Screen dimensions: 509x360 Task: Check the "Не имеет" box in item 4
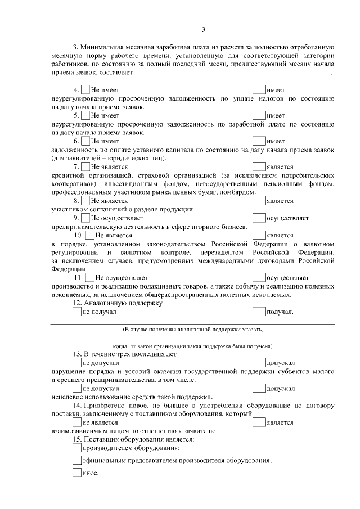click(x=85, y=89)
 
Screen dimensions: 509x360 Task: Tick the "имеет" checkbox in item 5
click(x=259, y=115)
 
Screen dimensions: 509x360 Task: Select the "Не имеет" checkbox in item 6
click(x=85, y=141)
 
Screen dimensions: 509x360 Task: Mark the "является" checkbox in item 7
click(x=259, y=166)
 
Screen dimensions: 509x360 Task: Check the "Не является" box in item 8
click(x=85, y=200)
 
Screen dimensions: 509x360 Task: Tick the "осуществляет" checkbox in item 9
click(x=259, y=217)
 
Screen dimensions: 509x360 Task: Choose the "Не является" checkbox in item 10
click(x=90, y=235)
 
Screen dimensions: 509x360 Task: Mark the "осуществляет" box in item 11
click(x=259, y=277)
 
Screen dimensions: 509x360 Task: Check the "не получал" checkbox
click(x=77, y=311)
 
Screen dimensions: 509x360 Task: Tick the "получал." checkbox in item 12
click(x=259, y=311)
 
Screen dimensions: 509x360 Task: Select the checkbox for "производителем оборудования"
click(x=77, y=448)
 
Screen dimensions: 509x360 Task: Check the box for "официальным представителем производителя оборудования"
click(x=77, y=460)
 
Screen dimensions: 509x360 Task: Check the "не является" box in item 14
click(x=77, y=422)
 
